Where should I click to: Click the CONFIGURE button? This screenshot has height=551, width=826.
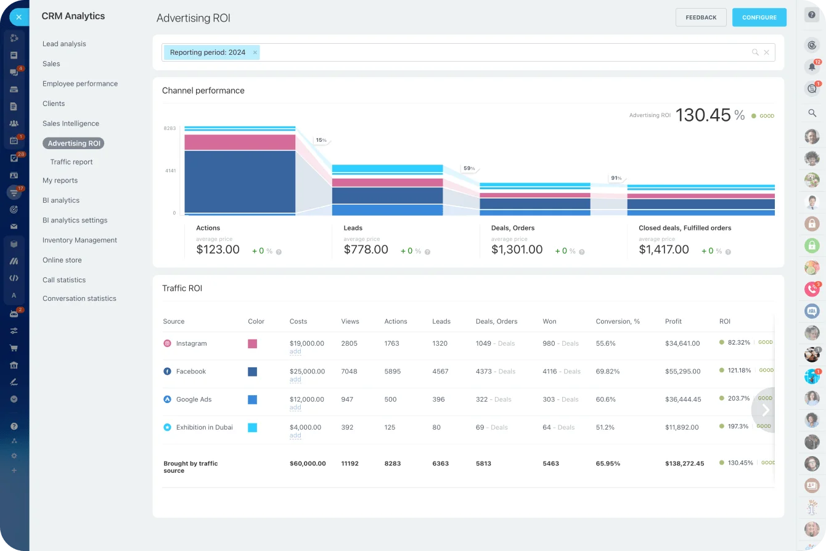[x=759, y=17]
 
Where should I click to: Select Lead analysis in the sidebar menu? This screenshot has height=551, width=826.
[x=64, y=44]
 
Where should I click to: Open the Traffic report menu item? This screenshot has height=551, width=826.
[x=72, y=162]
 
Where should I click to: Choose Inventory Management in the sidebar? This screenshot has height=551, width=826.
[x=80, y=240]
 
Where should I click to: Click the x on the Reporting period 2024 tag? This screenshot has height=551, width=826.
[x=255, y=52]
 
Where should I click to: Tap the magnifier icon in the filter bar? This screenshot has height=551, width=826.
[x=755, y=52]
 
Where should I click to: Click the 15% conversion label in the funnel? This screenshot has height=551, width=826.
[x=321, y=141]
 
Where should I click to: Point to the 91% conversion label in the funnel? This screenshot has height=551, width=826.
[x=615, y=178]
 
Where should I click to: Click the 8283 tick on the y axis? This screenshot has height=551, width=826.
[x=170, y=128]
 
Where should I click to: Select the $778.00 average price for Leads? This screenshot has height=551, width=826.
[x=366, y=250]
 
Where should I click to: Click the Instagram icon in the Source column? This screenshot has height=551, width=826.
[x=167, y=343]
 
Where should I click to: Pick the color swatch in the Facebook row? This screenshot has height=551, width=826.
[x=252, y=372]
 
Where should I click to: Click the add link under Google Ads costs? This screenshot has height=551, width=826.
[x=295, y=407]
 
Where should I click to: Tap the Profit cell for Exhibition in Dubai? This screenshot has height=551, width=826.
[x=682, y=427]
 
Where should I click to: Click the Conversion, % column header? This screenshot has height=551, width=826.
[x=618, y=321]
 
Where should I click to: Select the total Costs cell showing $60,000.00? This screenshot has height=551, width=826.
[x=308, y=463]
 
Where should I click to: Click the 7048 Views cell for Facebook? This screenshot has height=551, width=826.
[x=350, y=372]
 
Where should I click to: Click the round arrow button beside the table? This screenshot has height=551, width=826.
[x=765, y=410]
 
